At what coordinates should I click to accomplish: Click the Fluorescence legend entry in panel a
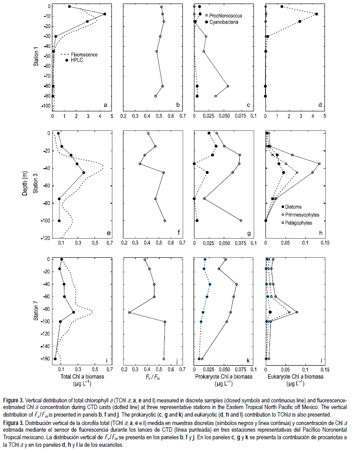(84, 55)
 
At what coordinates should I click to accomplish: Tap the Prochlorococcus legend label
(222, 16)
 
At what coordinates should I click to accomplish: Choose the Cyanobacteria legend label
(219, 22)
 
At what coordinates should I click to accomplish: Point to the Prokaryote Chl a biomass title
(223, 377)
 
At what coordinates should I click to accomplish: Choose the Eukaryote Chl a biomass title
(295, 377)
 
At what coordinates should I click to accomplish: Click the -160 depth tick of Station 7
(44, 358)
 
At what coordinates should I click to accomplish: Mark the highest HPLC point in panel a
(105, 14)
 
